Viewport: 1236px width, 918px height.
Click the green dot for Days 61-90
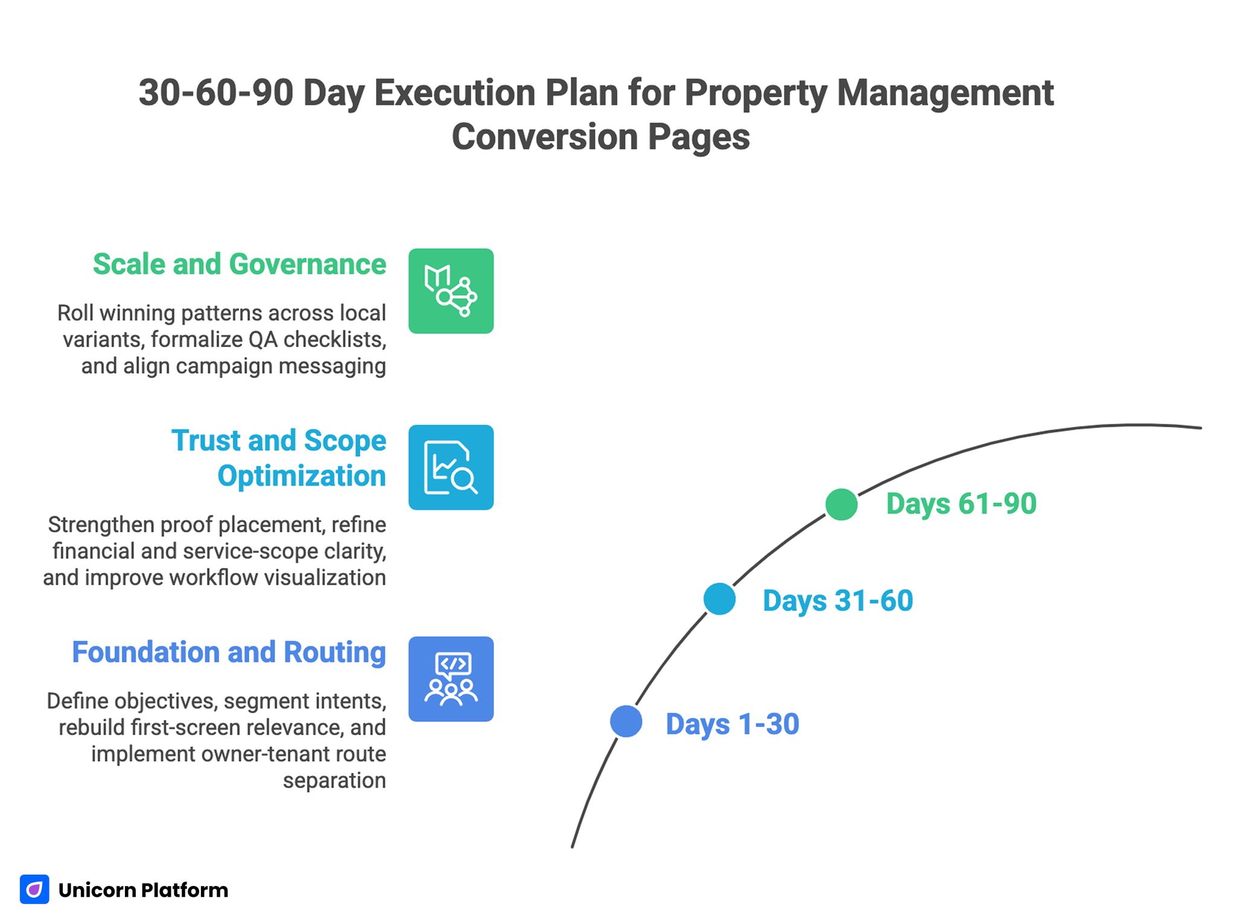point(841,505)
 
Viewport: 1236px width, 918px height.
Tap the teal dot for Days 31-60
point(719,599)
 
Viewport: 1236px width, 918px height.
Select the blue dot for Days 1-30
point(626,721)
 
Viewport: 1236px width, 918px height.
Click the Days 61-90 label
point(961,504)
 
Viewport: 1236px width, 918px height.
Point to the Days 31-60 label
point(838,601)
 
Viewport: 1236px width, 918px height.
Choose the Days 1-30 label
point(732,724)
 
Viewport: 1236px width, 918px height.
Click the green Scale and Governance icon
point(451,291)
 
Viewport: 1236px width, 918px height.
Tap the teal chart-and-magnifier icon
point(451,467)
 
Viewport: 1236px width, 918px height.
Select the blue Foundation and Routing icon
point(451,679)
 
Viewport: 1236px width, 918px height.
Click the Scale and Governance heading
point(239,264)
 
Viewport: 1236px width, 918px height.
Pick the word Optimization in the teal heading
point(301,476)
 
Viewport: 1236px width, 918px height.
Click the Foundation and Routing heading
point(229,652)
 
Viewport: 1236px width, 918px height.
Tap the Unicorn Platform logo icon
point(34,889)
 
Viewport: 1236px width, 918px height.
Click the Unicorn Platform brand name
point(143,890)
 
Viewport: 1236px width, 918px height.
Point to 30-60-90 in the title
point(215,93)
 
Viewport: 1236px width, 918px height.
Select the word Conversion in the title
point(544,137)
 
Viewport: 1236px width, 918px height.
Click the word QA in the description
point(263,340)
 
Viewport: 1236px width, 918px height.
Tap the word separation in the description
point(334,780)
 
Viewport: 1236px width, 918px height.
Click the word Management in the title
point(945,93)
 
